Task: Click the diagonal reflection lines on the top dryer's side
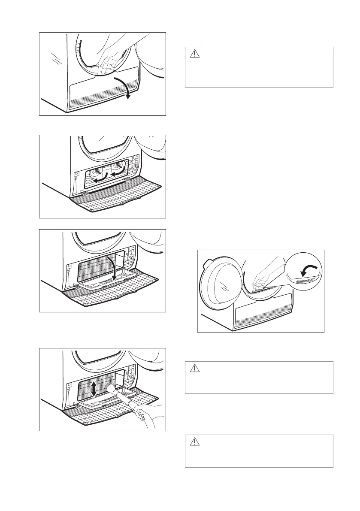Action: [x=55, y=58]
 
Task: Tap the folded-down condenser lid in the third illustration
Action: [x=100, y=281]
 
